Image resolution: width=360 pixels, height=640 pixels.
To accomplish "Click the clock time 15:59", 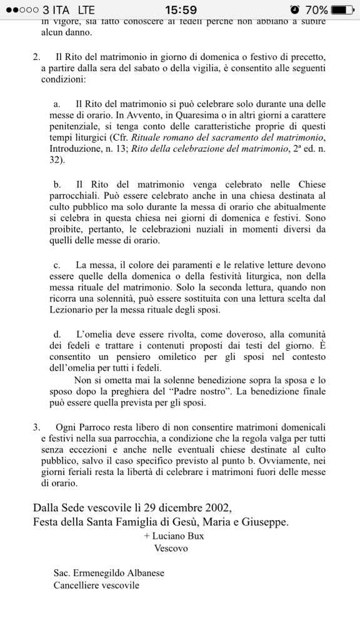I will [x=181, y=10].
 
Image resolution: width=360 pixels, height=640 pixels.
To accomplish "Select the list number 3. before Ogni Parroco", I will [x=36, y=427].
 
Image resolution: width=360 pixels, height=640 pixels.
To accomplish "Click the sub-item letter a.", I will [x=57, y=104].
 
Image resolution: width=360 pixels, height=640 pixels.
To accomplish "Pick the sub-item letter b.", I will [x=57, y=184].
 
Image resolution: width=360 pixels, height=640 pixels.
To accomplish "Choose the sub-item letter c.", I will [x=57, y=265].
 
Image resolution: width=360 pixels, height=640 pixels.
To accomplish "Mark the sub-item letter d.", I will [x=57, y=334].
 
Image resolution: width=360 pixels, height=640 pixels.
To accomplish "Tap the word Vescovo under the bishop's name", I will [x=171, y=547].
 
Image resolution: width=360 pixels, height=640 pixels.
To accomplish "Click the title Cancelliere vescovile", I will [x=96, y=585].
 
